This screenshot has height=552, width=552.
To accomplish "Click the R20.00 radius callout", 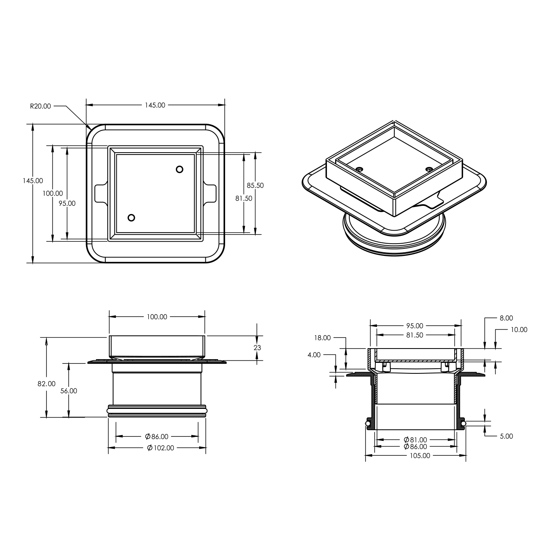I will pos(41,106).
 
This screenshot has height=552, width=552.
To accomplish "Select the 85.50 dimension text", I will pos(255,185).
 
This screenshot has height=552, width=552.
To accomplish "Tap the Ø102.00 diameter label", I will pos(160,448).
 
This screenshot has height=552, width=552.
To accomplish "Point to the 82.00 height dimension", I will pos(47,384).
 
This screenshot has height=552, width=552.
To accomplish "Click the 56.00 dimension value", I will pos(69,391).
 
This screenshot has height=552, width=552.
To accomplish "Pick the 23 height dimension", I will pos(257,348).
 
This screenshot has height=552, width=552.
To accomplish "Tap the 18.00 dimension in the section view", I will pos(322,338).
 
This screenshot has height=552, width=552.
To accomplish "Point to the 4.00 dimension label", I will pos(314,355).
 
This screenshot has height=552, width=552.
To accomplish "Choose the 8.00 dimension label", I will pos(506,318).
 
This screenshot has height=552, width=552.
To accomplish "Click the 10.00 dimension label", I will pos(519,330).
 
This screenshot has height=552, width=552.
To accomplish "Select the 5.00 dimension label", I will pos(506,436).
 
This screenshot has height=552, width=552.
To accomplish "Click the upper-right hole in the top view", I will pos(179,169).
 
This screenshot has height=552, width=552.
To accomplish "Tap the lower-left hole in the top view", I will pos(131,218).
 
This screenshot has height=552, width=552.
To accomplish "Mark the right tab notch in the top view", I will pos(211,193).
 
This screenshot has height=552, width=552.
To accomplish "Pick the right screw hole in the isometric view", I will pos(429,170).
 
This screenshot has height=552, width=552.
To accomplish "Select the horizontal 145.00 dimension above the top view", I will pos(155,105).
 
